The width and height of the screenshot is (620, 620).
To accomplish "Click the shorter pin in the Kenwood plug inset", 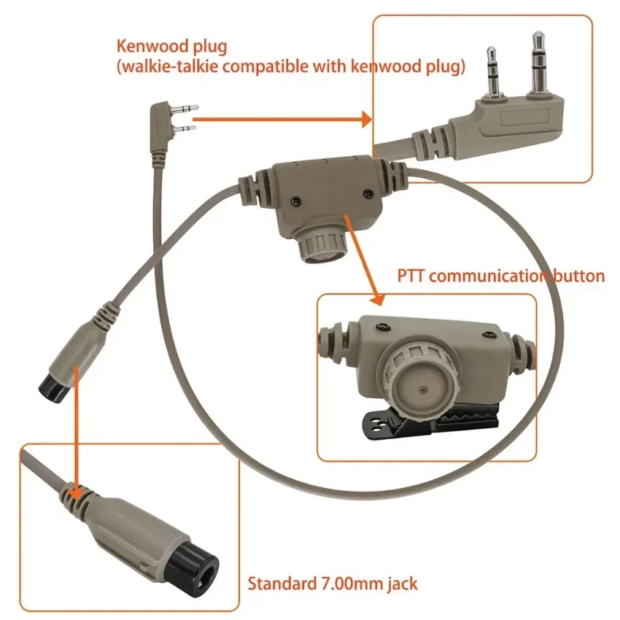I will coord(492,73).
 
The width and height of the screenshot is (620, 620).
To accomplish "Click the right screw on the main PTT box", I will coord(364,193).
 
